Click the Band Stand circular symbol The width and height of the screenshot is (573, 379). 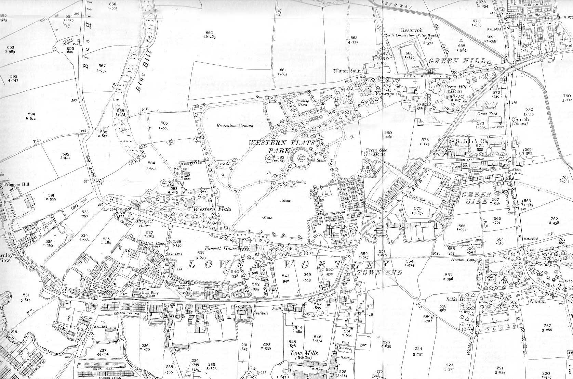click(301, 158)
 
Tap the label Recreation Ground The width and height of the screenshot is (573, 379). click(235, 126)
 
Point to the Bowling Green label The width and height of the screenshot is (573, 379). click(302, 103)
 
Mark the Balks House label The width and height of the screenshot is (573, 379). click(466, 299)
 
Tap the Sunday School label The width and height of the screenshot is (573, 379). click(491, 105)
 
